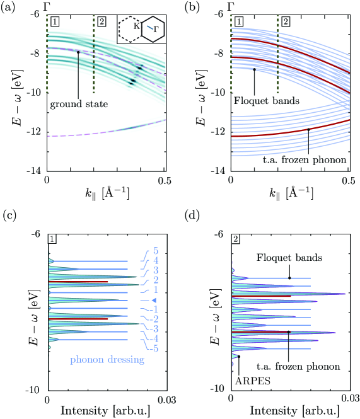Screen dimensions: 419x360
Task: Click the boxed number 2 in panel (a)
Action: click(x=102, y=23)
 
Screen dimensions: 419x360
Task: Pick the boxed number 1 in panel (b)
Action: click(x=239, y=23)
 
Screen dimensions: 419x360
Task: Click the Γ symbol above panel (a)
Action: click(x=47, y=6)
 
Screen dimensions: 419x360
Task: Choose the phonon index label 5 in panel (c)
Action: click(x=154, y=251)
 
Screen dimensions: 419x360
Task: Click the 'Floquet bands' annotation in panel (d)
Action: click(x=289, y=257)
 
